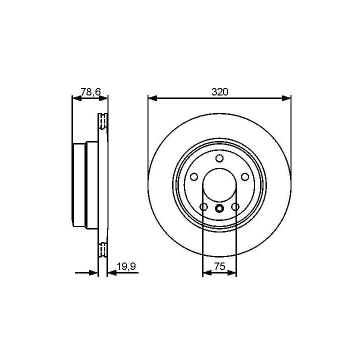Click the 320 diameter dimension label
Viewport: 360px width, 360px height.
point(219,92)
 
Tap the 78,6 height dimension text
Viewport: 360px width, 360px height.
point(90,92)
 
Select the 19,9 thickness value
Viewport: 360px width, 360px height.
point(126,266)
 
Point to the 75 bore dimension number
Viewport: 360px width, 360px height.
point(219,266)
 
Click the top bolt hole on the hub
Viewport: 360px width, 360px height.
point(219,158)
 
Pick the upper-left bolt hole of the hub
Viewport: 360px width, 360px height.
point(194,177)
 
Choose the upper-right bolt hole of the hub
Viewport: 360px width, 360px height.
point(245,177)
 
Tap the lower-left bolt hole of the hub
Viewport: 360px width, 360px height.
point(203,207)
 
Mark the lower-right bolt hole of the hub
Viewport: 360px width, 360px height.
point(235,207)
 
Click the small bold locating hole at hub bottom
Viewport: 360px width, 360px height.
point(219,208)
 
